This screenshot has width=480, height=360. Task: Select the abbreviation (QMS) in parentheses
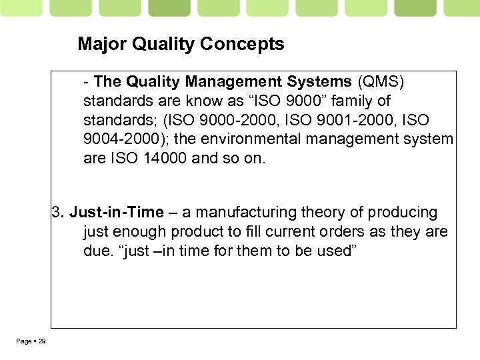click(x=381, y=82)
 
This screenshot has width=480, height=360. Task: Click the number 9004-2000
click(x=118, y=140)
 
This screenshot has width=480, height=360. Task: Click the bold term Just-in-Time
click(x=116, y=213)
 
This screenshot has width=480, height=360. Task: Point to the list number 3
click(x=57, y=213)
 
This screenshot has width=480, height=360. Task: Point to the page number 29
click(x=41, y=341)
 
